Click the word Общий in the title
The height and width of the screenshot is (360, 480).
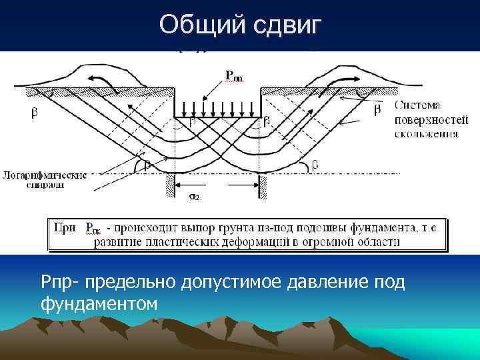(201, 25)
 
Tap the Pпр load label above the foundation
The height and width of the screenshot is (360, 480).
(235, 77)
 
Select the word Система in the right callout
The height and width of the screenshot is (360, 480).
(418, 105)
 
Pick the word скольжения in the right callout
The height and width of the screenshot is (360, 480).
(425, 133)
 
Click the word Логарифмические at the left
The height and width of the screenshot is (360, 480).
(45, 175)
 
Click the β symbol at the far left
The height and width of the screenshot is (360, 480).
(35, 113)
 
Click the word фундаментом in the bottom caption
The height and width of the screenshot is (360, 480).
(98, 303)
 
